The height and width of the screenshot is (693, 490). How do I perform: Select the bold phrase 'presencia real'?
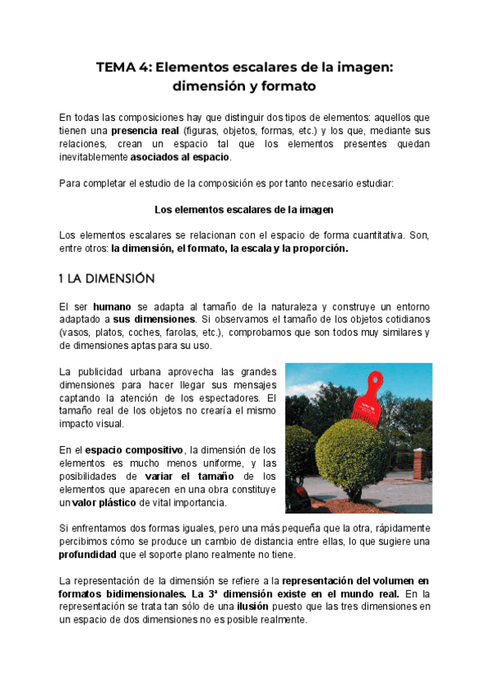145,131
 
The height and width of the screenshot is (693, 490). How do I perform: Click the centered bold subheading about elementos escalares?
244,210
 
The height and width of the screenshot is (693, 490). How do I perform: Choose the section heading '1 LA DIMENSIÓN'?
106,279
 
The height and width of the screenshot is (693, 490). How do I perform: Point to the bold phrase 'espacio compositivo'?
135,450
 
